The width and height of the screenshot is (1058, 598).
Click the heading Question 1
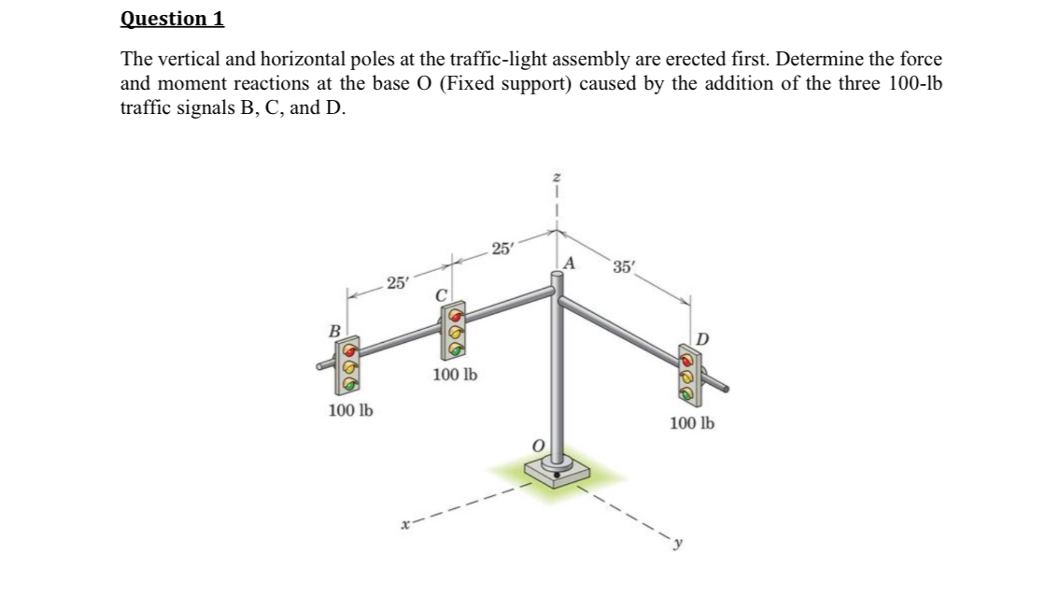[174, 19]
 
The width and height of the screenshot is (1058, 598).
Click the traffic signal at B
[349, 365]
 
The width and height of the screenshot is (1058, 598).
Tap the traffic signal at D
[688, 371]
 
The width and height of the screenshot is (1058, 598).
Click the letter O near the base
[536, 448]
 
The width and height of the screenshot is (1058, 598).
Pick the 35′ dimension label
[624, 267]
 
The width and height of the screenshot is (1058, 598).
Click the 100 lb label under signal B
[350, 410]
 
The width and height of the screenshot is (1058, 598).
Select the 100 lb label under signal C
[455, 375]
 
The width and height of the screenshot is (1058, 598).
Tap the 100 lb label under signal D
[692, 423]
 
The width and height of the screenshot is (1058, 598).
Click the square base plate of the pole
[557, 474]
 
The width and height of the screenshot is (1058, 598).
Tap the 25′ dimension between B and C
[397, 281]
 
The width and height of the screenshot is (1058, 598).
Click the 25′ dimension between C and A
[501, 249]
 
